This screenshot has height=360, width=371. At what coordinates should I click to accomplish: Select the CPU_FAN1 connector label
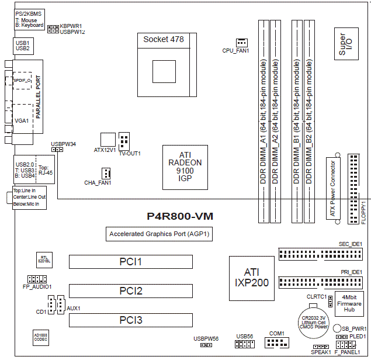[x=236, y=51]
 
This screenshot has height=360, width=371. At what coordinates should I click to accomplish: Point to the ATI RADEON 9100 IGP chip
[x=185, y=166]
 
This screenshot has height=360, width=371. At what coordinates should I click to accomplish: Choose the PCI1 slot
[x=131, y=261]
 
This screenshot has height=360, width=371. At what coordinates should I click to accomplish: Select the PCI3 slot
[x=131, y=320]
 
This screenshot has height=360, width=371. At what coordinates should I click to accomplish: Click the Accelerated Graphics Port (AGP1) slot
[x=160, y=234]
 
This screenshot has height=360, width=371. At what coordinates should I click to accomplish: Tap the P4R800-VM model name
[x=180, y=216]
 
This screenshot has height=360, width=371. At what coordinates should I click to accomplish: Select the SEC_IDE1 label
[x=351, y=244]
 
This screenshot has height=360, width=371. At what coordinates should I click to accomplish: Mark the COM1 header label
[x=276, y=333]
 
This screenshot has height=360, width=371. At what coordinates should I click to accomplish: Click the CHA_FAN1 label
[x=97, y=183]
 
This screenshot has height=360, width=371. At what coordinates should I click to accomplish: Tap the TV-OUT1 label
[x=130, y=153]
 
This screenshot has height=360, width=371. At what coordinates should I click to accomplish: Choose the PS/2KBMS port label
[x=28, y=13]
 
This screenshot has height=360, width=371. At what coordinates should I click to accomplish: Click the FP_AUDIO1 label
[x=37, y=287]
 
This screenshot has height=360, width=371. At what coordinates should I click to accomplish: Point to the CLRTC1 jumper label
[x=317, y=296]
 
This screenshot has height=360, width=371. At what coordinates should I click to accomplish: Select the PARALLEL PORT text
[x=39, y=96]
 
